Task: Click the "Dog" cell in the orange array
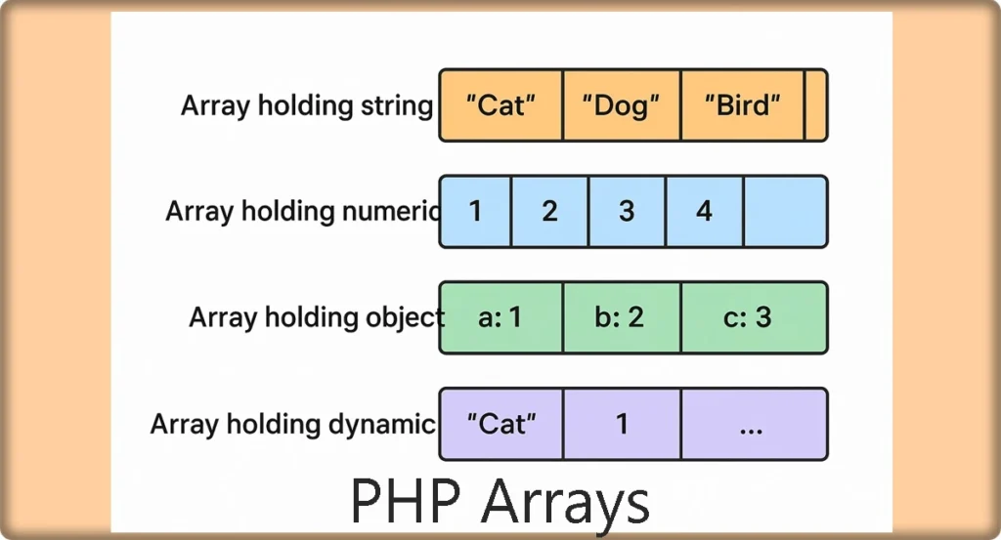[622, 105]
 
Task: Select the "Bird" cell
[743, 105]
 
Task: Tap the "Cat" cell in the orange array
[501, 105]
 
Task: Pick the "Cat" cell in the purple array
[501, 424]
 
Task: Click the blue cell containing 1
[476, 212]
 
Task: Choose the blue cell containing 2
[549, 212]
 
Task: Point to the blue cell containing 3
[627, 212]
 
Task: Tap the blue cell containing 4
[705, 212]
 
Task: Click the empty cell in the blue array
[786, 212]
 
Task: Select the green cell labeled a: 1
[501, 317]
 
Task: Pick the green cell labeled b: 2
[622, 317]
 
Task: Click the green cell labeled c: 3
[755, 317]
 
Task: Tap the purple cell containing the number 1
[622, 424]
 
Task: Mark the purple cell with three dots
[755, 424]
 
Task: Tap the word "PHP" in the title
[406, 501]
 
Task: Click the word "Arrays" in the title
[566, 505]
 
